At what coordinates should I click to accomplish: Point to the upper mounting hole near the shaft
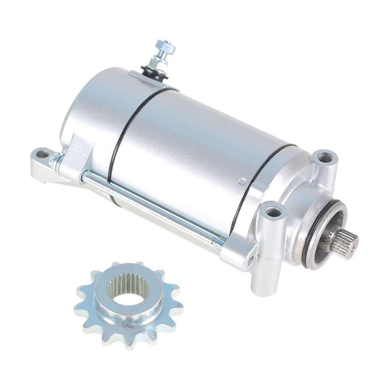click(325, 158)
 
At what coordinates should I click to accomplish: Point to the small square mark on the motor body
click(241, 181)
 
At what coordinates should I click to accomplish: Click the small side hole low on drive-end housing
click(250, 261)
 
